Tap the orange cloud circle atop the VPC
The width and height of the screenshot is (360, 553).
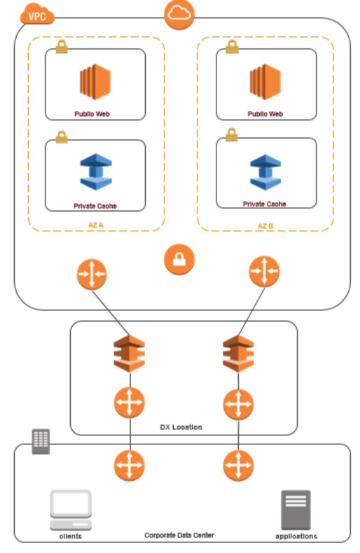point(179,15)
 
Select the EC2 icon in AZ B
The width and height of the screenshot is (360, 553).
point(265,81)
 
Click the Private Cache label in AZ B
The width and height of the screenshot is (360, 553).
point(265,204)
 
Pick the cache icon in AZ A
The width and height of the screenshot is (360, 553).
point(95,172)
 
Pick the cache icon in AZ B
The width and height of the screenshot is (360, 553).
point(265,172)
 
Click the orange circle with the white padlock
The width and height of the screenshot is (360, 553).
point(179,261)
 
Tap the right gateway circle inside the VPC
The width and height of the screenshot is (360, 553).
point(264,272)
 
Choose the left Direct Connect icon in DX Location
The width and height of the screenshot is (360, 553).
point(130,353)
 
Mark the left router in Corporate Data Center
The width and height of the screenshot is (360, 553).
point(130,465)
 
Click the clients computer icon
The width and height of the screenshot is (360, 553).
point(70,510)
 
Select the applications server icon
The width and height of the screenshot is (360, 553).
point(296,510)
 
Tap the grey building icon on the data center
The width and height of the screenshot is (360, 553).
point(41,441)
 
